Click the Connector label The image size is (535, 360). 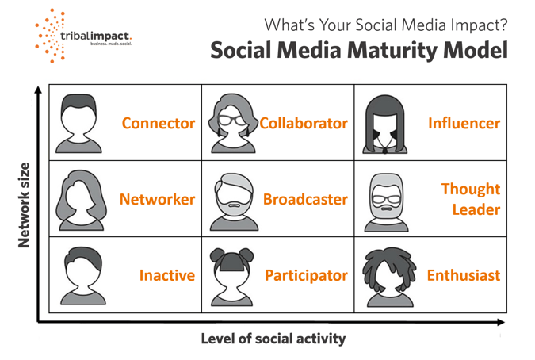158,124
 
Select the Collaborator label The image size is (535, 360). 304,124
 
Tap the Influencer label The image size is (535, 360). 464,124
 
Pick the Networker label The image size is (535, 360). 157,200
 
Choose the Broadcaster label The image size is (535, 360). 305,200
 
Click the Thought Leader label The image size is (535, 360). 471,199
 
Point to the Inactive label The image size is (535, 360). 166,276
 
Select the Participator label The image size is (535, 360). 306,276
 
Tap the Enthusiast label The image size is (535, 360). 464,276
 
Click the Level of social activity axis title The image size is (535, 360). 273,339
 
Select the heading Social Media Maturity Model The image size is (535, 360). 358,51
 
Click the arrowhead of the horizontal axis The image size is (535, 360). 499,322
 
